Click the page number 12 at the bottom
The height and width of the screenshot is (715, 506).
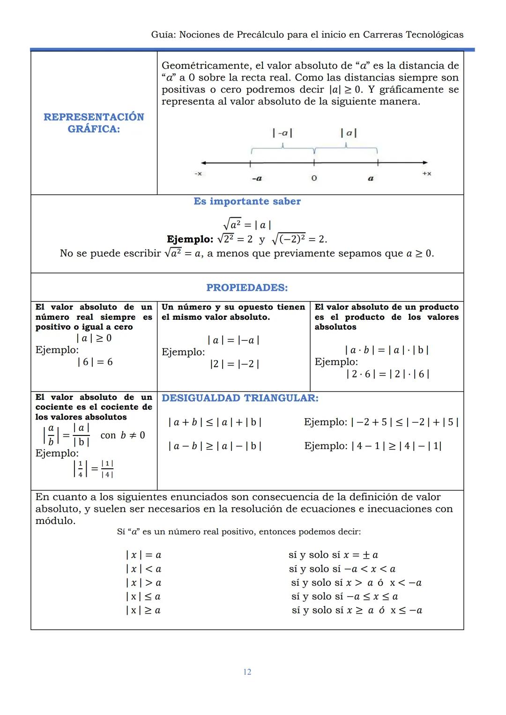coord(247,672)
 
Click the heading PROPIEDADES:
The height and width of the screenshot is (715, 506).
coord(247,287)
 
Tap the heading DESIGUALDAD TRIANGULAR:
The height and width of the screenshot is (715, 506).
coord(240,398)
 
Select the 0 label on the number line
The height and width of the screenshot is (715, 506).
coord(314,178)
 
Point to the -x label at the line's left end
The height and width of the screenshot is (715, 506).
coord(198,174)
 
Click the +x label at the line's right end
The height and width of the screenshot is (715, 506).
coord(426,174)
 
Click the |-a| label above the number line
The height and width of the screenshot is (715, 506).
coord(283,133)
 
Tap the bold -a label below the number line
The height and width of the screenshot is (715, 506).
coord(257,178)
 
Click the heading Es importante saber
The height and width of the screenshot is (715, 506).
coord(247,201)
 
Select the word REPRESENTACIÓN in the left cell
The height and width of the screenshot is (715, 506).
coord(94,117)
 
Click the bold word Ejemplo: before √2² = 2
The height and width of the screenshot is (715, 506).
coord(190,239)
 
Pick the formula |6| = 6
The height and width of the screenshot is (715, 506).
coord(95,362)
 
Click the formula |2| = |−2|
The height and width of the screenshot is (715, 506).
coord(234,364)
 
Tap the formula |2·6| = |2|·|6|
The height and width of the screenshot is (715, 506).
coord(387,374)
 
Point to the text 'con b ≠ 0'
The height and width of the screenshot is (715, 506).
coord(123,435)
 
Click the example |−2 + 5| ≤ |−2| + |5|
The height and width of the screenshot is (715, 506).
coord(404,422)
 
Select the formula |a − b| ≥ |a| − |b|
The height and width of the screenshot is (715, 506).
coord(215,446)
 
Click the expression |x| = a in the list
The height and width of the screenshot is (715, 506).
coord(143,555)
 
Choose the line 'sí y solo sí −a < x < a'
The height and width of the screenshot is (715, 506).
coord(342,569)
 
